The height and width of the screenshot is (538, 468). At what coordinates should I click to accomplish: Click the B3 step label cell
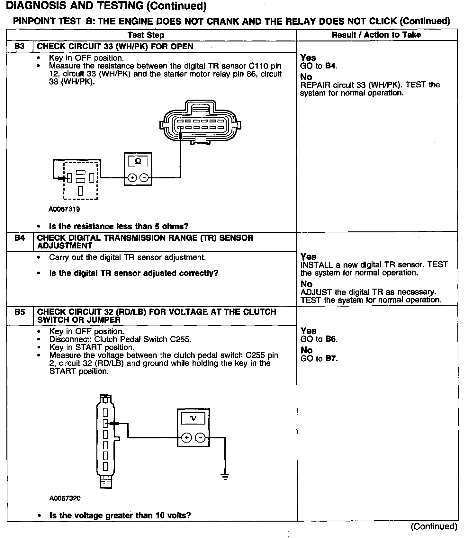click(x=20, y=46)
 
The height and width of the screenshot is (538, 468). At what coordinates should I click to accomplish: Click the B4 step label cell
click(x=20, y=238)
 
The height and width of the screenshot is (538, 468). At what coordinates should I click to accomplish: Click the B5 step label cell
click(x=20, y=312)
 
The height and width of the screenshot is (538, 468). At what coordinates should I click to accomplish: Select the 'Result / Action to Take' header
click(x=376, y=35)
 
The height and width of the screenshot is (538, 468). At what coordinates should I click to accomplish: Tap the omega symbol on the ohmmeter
click(x=138, y=161)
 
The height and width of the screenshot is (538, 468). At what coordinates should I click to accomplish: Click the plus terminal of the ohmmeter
click(x=132, y=178)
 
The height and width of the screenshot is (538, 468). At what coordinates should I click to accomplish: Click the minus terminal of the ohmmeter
click(x=144, y=178)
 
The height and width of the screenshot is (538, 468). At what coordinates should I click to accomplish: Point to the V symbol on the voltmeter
click(x=193, y=418)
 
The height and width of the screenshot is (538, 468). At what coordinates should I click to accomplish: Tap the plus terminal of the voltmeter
click(x=187, y=437)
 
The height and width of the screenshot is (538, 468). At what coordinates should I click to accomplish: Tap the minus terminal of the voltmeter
click(x=200, y=437)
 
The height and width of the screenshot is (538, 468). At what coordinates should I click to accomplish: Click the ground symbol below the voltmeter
click(x=225, y=476)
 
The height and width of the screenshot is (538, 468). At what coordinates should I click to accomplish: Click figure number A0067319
click(x=64, y=209)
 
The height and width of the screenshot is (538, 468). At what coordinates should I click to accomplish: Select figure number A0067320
click(x=65, y=498)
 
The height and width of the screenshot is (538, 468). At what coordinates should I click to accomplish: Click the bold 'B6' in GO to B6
click(x=331, y=339)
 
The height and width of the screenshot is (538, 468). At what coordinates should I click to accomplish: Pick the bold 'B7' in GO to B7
click(x=331, y=359)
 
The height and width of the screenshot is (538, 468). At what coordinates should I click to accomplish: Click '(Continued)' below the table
click(x=434, y=526)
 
